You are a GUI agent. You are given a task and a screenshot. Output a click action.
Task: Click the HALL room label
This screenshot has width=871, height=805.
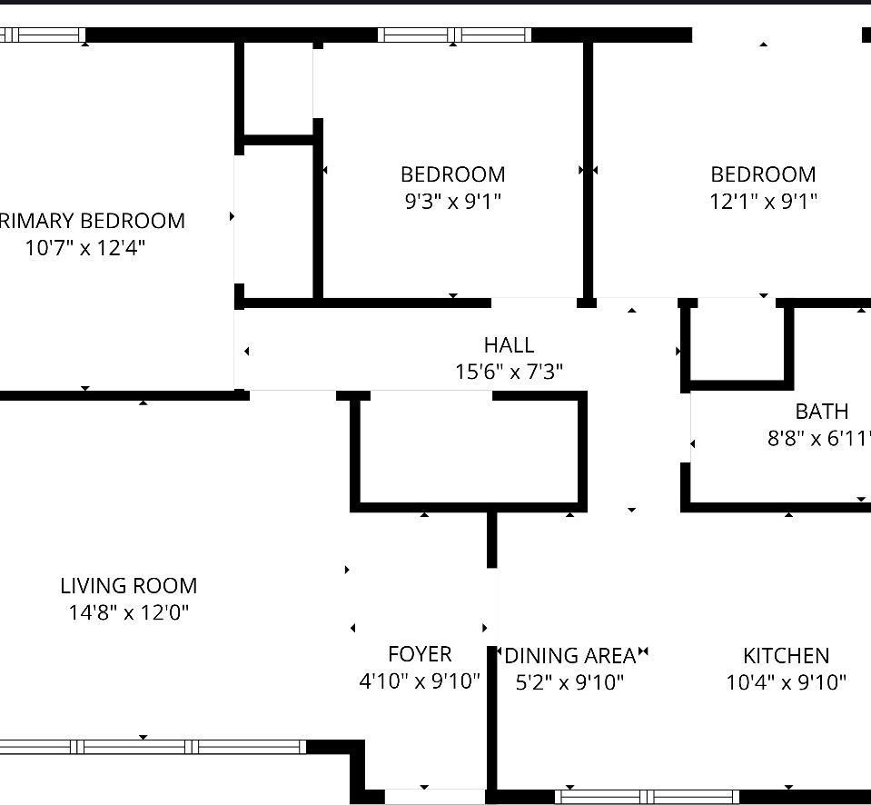(x=509, y=345)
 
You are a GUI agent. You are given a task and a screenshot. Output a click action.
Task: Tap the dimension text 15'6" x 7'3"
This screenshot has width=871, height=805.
(x=509, y=372)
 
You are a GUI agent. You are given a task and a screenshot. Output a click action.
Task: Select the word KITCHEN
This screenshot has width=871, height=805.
(x=786, y=656)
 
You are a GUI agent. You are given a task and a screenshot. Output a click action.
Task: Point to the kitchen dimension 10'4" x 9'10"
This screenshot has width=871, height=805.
(x=786, y=682)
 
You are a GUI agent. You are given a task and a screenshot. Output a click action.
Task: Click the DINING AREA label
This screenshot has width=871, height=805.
(x=570, y=656)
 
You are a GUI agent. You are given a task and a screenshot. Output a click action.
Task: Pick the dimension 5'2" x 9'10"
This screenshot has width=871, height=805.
(x=570, y=682)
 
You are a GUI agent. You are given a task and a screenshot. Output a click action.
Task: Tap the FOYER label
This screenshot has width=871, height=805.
(x=420, y=654)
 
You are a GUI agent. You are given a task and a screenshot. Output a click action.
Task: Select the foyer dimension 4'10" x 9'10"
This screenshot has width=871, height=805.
(x=420, y=681)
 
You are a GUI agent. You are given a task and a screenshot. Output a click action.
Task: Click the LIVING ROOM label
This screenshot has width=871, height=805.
(x=129, y=586)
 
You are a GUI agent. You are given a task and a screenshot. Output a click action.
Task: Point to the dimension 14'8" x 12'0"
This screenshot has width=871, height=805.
(x=129, y=612)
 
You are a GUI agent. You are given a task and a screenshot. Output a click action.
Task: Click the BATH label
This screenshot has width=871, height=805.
(x=822, y=412)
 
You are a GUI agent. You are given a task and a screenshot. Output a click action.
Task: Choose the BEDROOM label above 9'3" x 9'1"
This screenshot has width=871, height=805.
(x=452, y=174)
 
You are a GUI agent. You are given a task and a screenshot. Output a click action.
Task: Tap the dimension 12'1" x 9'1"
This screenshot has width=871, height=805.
(x=763, y=201)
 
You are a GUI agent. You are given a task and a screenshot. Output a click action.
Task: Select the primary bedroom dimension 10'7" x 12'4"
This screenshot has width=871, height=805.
(x=84, y=247)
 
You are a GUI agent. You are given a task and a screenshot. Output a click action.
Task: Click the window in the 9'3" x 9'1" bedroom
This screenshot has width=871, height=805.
(x=454, y=35)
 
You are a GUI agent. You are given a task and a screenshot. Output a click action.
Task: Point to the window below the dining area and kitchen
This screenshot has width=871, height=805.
(x=647, y=797)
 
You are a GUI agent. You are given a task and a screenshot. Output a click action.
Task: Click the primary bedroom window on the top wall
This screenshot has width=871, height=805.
(x=42, y=35)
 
